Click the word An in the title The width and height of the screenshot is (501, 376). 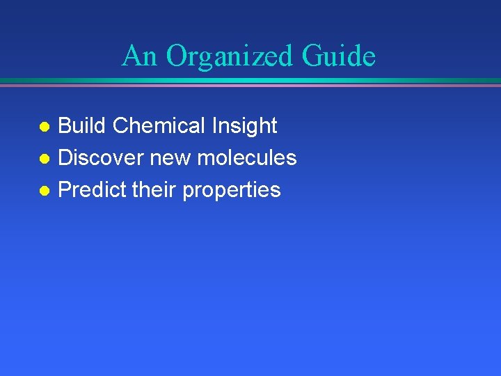point(140,56)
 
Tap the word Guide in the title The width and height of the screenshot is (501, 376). point(339,56)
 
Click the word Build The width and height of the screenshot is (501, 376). point(82,126)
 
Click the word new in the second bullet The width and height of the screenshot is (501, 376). point(171,159)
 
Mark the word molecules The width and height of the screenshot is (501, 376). point(247,158)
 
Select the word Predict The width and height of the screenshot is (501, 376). point(89,190)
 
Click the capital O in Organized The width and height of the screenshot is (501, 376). point(177,56)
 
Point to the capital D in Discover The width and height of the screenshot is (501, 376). point(65,158)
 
